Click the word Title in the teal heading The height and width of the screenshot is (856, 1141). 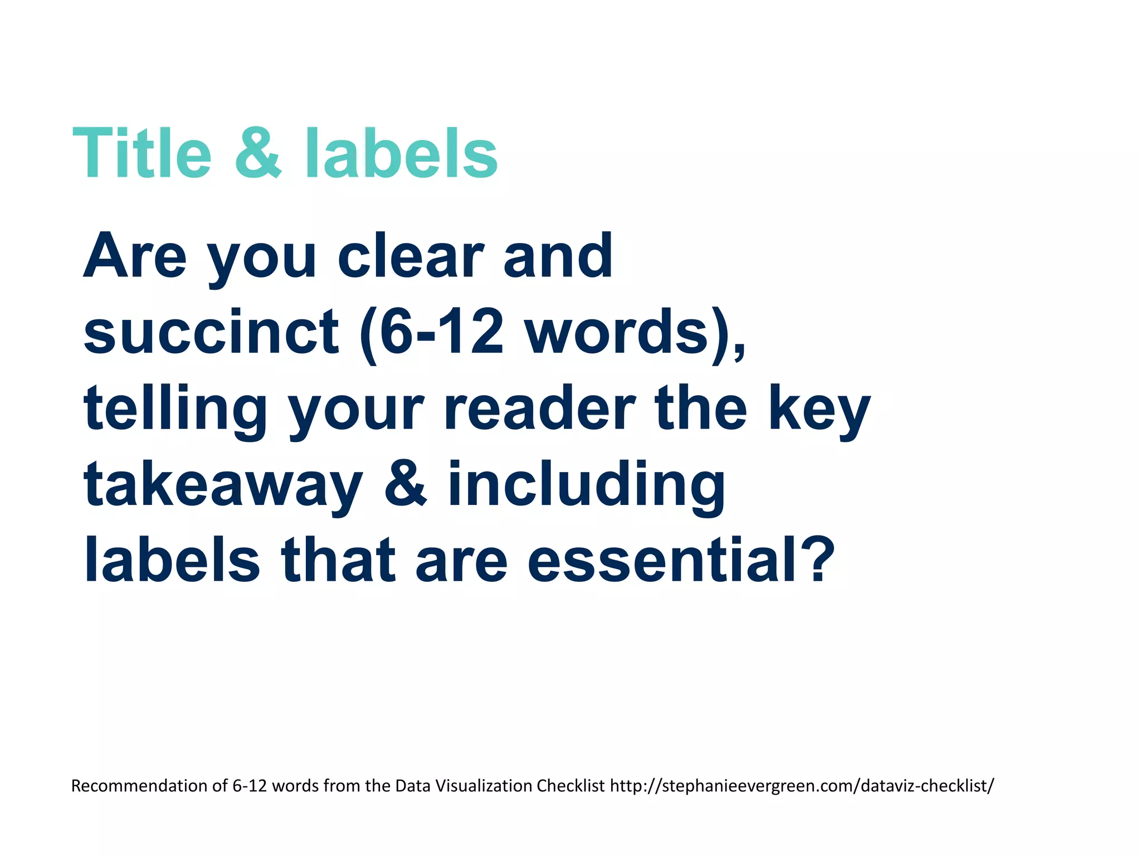pyautogui.click(x=142, y=153)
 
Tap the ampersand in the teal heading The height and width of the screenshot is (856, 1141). pyautogui.click(x=258, y=153)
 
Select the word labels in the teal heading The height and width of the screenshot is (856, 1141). pyautogui.click(x=401, y=153)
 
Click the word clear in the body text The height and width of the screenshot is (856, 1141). pyautogui.click(x=411, y=256)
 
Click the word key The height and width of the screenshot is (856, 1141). pyautogui.click(x=819, y=410)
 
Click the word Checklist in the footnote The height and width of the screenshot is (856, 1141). pyautogui.click(x=570, y=786)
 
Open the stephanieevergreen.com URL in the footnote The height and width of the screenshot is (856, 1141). pyautogui.click(x=802, y=786)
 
